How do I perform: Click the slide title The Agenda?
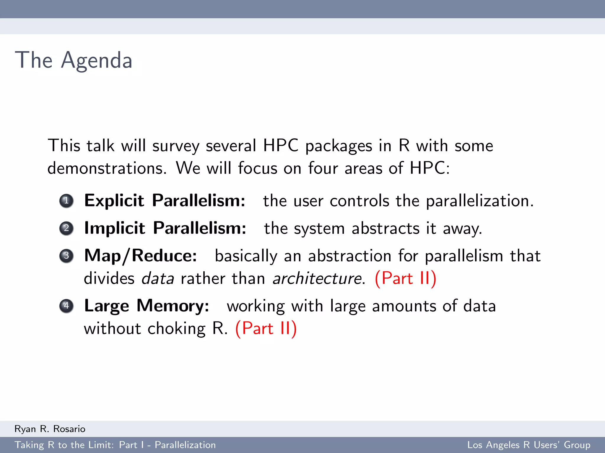pyautogui.click(x=74, y=60)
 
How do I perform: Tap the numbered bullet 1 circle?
pyautogui.click(x=66, y=201)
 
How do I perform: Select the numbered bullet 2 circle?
pyautogui.click(x=66, y=228)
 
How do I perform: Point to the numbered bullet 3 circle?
pyautogui.click(x=66, y=256)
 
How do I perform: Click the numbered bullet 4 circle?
pyautogui.click(x=66, y=306)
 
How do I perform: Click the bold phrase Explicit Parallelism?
pyautogui.click(x=165, y=201)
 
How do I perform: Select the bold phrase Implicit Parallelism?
pyautogui.click(x=165, y=228)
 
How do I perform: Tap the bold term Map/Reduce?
pyautogui.click(x=140, y=256)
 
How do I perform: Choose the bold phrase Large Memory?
pyautogui.click(x=147, y=306)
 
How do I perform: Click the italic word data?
pyautogui.click(x=158, y=279)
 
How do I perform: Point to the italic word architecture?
pyautogui.click(x=317, y=279)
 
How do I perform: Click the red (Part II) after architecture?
pyautogui.click(x=405, y=279)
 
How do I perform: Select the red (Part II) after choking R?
pyautogui.click(x=266, y=329)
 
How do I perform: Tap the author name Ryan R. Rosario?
pyautogui.click(x=50, y=429)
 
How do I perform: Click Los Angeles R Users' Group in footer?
pyautogui.click(x=528, y=445)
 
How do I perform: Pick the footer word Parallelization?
pyautogui.click(x=185, y=445)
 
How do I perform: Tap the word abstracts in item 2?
pyautogui.click(x=385, y=229)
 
